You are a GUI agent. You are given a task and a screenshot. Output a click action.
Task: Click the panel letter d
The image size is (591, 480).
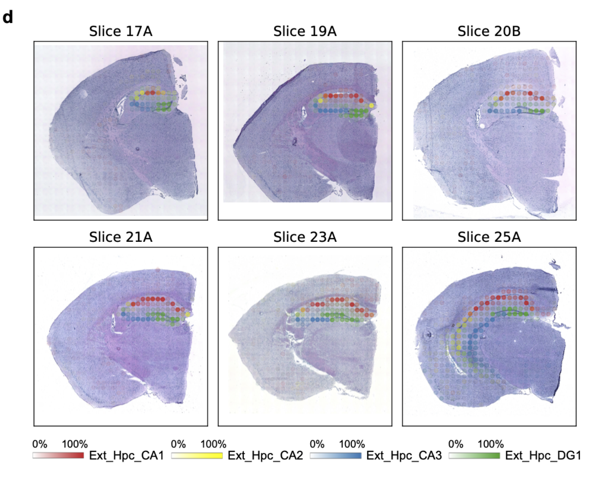coord(8,18)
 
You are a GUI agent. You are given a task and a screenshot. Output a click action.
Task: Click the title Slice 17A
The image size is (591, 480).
coord(121,31)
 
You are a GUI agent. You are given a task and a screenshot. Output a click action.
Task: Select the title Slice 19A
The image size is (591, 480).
coord(305,31)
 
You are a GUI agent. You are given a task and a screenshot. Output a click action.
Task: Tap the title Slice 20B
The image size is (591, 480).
coord(489,31)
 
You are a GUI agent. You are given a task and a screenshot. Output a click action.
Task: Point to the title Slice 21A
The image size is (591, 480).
coord(121,237)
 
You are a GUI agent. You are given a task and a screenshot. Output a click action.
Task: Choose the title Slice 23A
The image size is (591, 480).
coord(305,237)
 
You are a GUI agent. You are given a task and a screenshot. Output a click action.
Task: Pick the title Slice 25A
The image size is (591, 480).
coord(489,237)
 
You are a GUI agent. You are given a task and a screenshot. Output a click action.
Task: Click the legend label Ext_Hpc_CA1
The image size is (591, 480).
coord(127,456)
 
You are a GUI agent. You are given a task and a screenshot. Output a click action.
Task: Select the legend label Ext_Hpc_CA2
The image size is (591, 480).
coord(265,456)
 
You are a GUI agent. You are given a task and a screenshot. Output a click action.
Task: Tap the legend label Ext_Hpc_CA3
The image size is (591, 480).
coord(404,456)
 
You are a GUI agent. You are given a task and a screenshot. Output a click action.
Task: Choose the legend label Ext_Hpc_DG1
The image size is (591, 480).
coord(543,456)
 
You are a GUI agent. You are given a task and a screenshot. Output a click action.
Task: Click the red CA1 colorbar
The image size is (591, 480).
coord(58,456)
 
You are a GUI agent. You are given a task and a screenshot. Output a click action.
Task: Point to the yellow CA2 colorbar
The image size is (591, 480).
coord(197,456)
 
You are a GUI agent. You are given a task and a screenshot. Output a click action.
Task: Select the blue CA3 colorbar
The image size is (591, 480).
coord(336,456)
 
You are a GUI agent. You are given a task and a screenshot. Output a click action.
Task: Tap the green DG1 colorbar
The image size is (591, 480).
coord(474,456)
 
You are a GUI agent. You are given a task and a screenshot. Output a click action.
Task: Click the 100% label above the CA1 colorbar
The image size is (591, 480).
coord(75,444)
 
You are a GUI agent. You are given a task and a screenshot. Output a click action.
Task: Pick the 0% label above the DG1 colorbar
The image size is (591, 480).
coord(456,444)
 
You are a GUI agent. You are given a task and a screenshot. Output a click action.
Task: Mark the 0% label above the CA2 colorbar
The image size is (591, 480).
coord(178,444)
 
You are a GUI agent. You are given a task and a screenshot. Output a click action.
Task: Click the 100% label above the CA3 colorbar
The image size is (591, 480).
coord(352,444)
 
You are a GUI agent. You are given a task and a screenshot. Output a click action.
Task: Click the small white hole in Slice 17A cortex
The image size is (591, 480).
coord(84,94)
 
